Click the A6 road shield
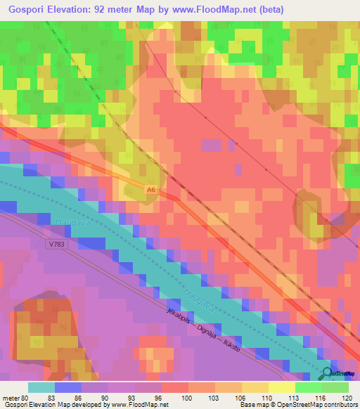pyautogui.click(x=150, y=190)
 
